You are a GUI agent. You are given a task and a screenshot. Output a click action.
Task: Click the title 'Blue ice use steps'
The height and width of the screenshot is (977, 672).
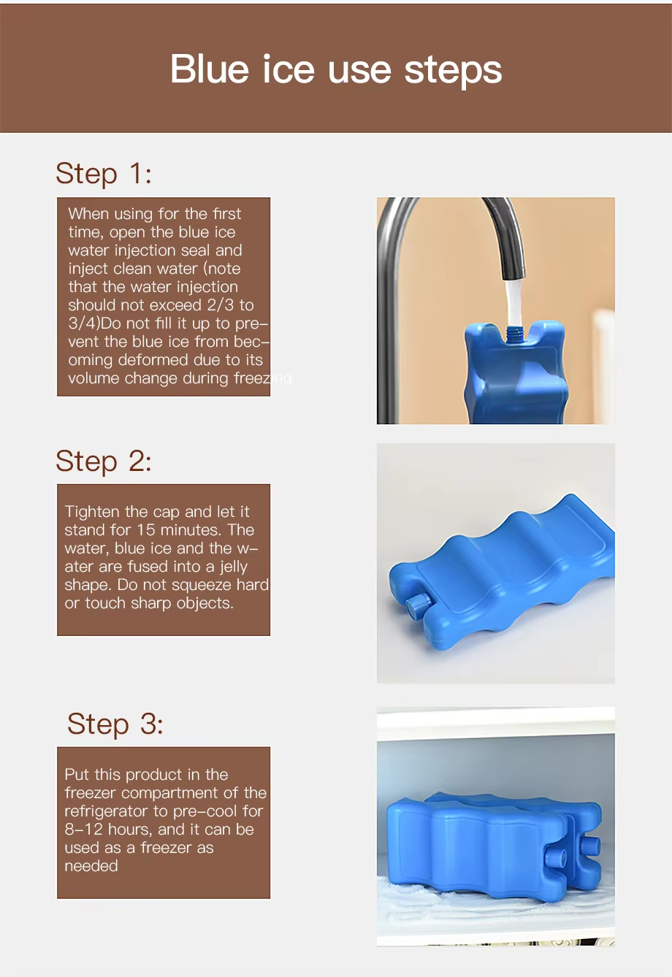click(336, 69)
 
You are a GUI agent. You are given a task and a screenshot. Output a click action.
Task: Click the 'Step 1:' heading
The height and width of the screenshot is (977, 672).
click(104, 174)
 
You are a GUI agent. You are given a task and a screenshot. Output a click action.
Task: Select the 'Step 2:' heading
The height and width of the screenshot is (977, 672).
click(104, 461)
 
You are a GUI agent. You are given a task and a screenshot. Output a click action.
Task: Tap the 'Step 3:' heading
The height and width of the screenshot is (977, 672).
click(115, 724)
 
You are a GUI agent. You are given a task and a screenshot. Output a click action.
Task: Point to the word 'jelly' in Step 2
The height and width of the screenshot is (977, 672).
click(233, 567)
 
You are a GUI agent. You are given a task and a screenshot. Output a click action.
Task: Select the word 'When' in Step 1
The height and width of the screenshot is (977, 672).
click(88, 214)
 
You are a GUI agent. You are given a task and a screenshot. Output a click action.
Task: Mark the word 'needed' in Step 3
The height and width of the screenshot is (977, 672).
click(91, 866)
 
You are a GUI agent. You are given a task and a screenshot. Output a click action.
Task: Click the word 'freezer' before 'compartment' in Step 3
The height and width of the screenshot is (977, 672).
click(91, 793)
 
